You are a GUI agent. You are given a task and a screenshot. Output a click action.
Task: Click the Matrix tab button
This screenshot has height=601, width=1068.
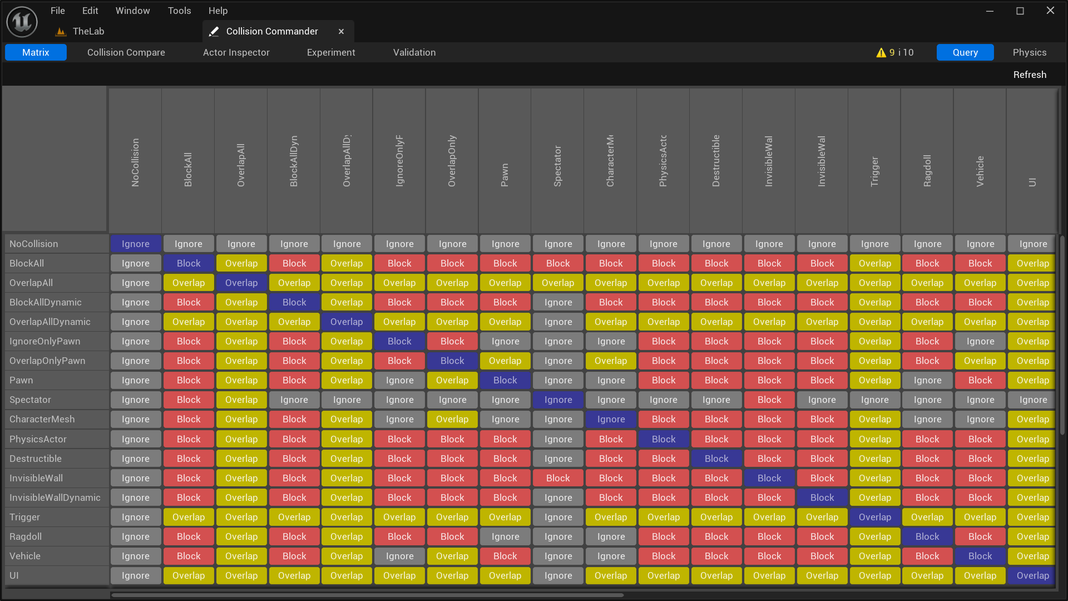click(36, 52)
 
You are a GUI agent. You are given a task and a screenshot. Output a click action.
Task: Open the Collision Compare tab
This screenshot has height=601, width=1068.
click(126, 52)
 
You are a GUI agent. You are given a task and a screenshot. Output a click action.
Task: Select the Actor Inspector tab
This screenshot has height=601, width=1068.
click(236, 52)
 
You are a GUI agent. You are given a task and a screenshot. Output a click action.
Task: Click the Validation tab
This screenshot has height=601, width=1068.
click(414, 52)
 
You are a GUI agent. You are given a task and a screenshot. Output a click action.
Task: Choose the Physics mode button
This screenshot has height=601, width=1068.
click(1029, 52)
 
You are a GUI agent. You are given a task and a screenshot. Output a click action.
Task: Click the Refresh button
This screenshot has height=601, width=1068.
click(1029, 75)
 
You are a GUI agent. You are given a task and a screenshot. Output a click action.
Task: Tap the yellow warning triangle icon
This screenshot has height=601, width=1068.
click(881, 53)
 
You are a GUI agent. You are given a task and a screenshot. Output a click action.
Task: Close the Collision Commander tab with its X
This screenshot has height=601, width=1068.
click(341, 32)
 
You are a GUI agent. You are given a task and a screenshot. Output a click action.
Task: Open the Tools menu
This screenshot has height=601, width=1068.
click(179, 11)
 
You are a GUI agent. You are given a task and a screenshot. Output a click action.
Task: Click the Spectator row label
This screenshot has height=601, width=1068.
click(30, 400)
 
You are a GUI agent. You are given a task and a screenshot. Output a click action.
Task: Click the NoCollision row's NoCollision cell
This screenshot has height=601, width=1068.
click(135, 244)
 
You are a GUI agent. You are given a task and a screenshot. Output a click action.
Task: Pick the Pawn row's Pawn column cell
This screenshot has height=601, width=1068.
click(505, 380)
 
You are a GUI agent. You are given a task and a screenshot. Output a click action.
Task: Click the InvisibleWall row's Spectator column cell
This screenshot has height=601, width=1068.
click(558, 478)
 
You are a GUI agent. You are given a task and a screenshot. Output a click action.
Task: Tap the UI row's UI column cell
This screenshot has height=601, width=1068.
click(1032, 575)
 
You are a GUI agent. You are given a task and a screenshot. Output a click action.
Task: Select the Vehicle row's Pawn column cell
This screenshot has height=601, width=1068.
click(505, 556)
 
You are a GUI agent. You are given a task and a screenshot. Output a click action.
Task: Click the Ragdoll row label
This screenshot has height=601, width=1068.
click(26, 536)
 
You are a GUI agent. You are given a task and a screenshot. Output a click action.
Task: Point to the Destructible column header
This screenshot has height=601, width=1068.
click(716, 161)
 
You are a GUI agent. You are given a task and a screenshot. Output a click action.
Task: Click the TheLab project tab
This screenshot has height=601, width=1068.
click(88, 32)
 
